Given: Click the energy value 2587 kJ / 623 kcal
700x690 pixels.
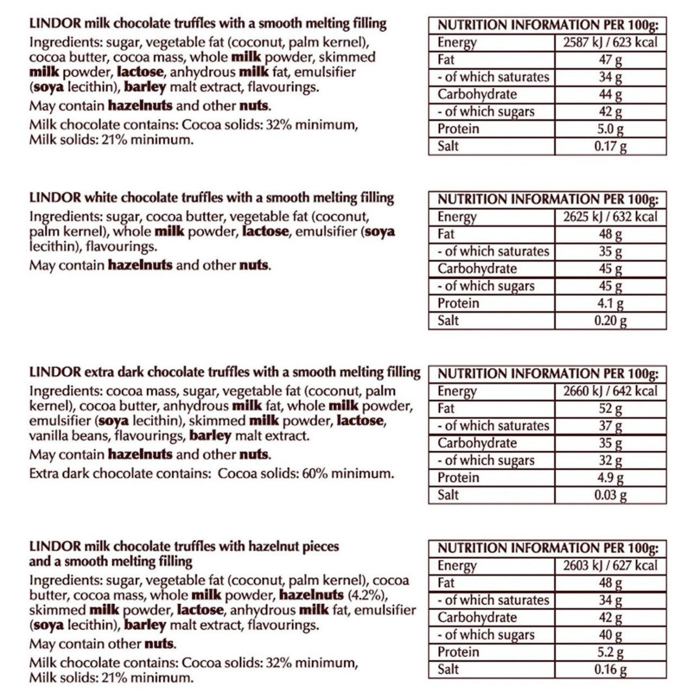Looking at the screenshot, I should click(x=610, y=42).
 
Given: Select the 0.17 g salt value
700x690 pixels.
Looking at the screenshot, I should click(x=610, y=146).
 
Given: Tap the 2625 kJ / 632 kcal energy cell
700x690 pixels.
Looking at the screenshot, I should click(x=610, y=217).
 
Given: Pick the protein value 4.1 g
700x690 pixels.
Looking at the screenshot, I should click(x=610, y=303).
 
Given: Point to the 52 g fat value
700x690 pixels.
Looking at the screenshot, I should click(x=610, y=408).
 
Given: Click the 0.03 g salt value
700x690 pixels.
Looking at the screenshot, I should click(x=610, y=495).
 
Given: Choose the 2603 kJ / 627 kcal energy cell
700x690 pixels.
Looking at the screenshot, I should click(x=610, y=566).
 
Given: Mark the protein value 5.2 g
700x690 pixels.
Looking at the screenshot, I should click(x=610, y=652).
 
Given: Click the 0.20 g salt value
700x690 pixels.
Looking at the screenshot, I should click(x=610, y=321).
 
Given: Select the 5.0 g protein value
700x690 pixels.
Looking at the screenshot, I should click(x=610, y=129).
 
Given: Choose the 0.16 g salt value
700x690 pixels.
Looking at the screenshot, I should click(x=610, y=669).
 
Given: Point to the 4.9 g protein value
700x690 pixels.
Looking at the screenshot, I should click(x=610, y=478).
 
